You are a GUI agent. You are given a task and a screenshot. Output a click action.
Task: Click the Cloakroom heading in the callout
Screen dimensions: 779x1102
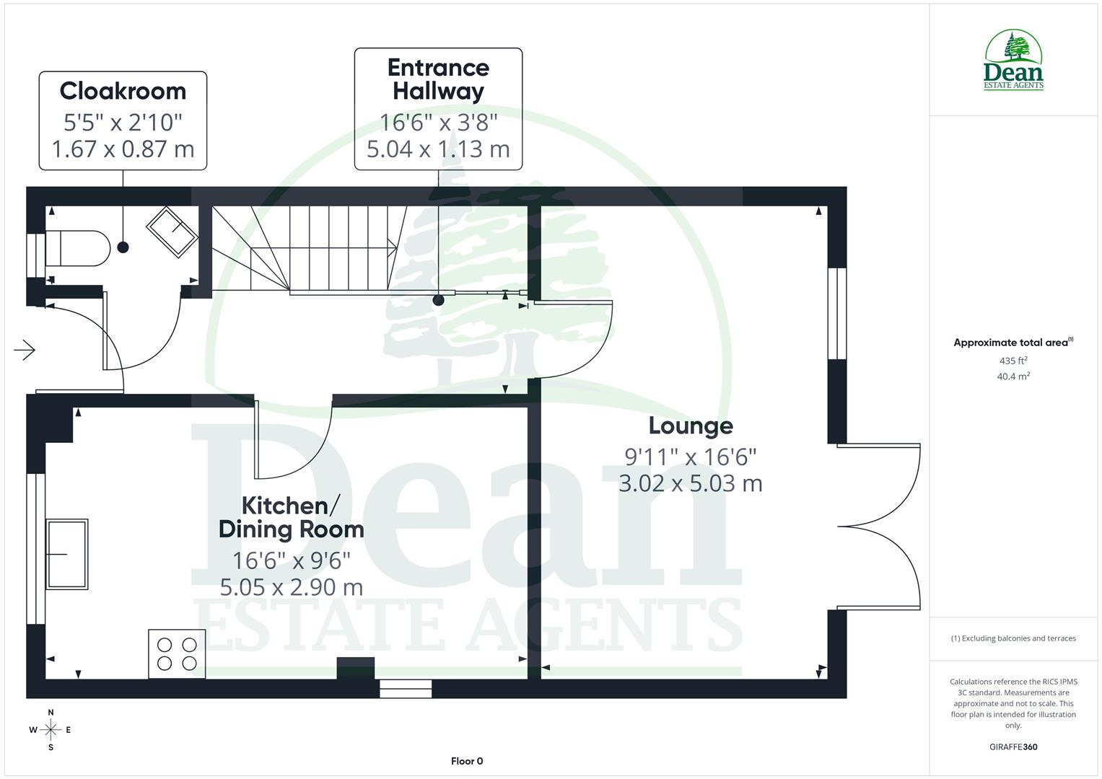tap(123, 91)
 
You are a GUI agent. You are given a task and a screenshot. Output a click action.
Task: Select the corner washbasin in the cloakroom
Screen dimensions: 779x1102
tap(172, 232)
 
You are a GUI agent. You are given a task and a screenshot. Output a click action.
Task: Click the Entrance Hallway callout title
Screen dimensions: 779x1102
tap(438, 79)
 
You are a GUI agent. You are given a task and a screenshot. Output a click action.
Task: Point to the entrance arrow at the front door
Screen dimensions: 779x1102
tap(25, 351)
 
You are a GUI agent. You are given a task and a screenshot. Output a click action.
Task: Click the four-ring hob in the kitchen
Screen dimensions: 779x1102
tap(177, 653)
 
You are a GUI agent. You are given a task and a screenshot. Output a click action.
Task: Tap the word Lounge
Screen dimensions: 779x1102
tap(691, 426)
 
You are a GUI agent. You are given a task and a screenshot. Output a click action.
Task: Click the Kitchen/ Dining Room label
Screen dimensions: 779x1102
tap(291, 517)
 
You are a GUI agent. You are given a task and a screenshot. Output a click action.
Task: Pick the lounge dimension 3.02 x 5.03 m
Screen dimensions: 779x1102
tap(691, 483)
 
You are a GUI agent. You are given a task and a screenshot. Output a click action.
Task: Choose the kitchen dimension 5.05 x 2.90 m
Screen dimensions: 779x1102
tap(291, 587)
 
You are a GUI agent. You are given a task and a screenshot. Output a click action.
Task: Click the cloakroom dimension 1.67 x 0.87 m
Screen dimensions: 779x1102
tap(123, 149)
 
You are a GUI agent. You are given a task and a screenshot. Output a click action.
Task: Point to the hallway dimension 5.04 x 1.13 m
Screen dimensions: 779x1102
tap(438, 149)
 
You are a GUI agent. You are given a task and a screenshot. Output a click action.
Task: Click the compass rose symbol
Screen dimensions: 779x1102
tap(51, 730)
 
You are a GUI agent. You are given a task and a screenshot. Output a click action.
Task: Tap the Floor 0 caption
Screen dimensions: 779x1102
tap(467, 761)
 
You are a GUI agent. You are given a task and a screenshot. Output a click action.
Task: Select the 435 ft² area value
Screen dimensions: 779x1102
tap(1013, 361)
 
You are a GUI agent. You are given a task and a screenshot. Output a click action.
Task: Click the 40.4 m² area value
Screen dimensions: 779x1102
tap(1013, 376)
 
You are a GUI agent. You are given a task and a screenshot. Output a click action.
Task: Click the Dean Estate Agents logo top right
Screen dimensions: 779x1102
tap(1013, 61)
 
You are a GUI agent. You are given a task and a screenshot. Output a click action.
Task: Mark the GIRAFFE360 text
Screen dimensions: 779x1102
tap(1013, 747)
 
